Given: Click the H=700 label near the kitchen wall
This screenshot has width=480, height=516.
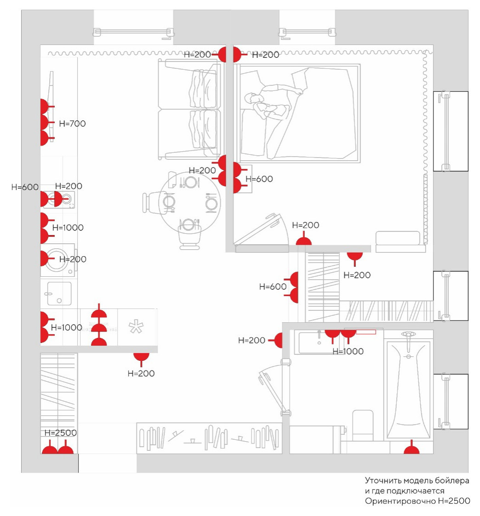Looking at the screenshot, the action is coord(72,123).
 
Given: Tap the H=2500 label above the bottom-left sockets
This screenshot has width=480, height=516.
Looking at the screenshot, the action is coord(60,433).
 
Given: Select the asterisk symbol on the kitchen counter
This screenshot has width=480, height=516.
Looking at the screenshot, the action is coord(136,327).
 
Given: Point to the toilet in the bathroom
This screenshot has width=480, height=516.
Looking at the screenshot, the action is coord(363,425).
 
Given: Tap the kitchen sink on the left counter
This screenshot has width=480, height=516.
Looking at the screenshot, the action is coord(59,293).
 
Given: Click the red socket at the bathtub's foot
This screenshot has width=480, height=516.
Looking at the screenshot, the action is coord(411,448).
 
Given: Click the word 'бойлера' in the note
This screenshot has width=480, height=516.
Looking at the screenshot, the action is coord(452,481).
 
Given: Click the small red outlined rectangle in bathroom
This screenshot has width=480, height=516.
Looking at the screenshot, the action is coord(366,332).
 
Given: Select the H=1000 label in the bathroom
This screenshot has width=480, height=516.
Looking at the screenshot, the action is coord(348,352).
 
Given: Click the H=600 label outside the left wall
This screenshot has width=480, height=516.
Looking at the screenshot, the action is coord(25,187).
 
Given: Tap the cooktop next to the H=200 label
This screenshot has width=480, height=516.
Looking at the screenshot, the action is coord(59,199).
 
